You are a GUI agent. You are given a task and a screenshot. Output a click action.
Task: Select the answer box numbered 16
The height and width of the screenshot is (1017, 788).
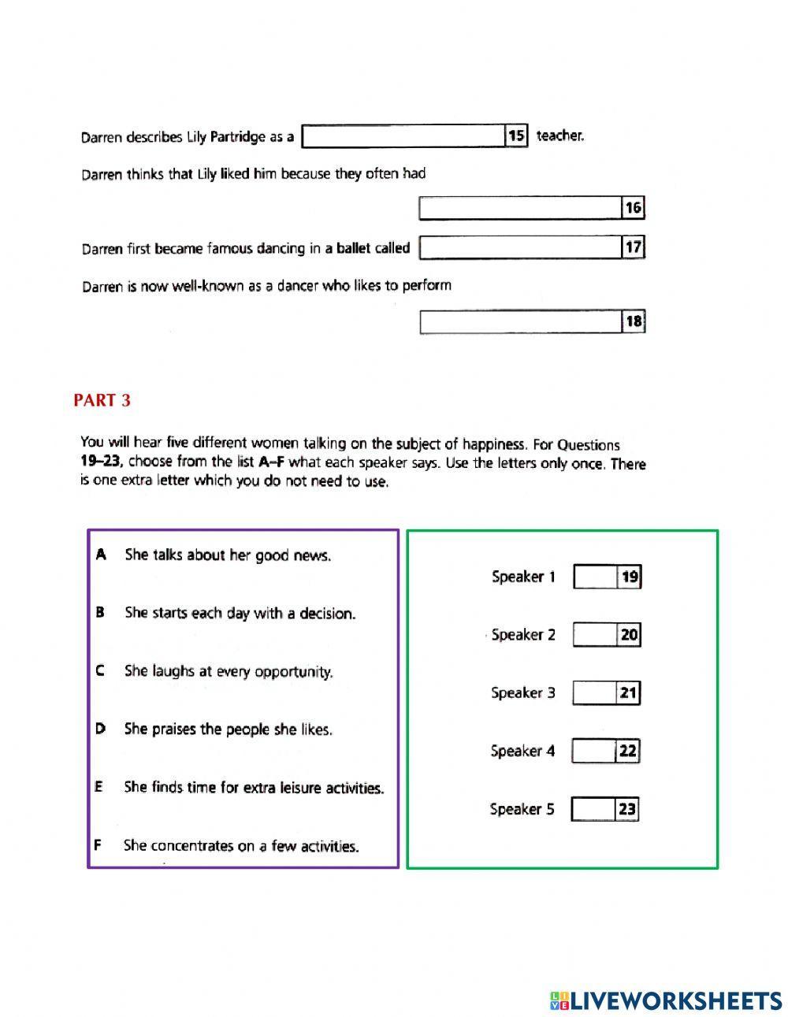tap(520, 208)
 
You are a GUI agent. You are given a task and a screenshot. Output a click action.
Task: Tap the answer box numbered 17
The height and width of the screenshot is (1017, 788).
tap(520, 247)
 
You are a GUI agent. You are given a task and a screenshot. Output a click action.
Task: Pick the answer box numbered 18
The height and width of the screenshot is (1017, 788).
tap(520, 321)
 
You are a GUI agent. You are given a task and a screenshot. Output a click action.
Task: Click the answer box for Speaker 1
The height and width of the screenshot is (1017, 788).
tap(595, 577)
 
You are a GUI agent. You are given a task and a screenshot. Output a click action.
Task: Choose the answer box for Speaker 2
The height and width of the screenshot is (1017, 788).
tap(594, 635)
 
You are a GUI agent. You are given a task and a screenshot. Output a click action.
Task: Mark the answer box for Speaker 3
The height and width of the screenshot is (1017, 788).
tap(593, 693)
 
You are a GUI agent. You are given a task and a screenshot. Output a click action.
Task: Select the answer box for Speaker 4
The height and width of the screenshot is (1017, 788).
tap(593, 752)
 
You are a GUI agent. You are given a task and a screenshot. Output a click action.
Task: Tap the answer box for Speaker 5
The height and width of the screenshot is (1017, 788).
tap(592, 809)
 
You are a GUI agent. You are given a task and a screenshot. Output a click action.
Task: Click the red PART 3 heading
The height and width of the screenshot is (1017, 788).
tap(102, 401)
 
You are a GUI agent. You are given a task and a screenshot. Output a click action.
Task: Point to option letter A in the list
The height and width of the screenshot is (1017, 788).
tap(101, 555)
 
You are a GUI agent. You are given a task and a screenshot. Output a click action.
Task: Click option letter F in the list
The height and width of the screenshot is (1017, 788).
tap(98, 845)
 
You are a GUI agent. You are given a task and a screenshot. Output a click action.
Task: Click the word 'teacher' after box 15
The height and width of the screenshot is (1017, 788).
tap(559, 135)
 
